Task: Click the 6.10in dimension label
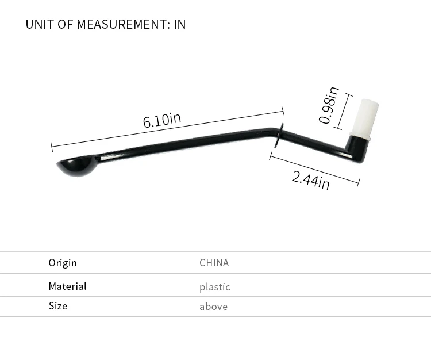[x=162, y=120]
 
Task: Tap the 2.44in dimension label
[x=310, y=180]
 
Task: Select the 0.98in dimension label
[x=329, y=105]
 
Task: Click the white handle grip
[x=364, y=119]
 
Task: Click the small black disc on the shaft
[x=279, y=135]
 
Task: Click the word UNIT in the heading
[x=40, y=24]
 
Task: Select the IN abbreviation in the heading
[x=180, y=24]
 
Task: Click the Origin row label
[x=63, y=263]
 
